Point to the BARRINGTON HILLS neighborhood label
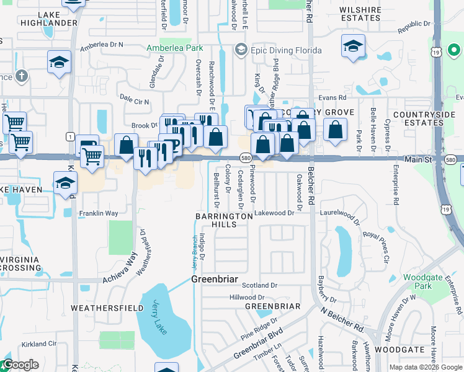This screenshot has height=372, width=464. (225, 221)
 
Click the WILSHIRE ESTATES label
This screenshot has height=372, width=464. (360, 14)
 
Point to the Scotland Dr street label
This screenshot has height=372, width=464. (259, 285)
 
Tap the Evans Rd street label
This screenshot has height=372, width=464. (332, 97)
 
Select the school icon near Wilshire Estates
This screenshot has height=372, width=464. (353, 46)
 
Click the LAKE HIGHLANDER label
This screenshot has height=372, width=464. (57, 19)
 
